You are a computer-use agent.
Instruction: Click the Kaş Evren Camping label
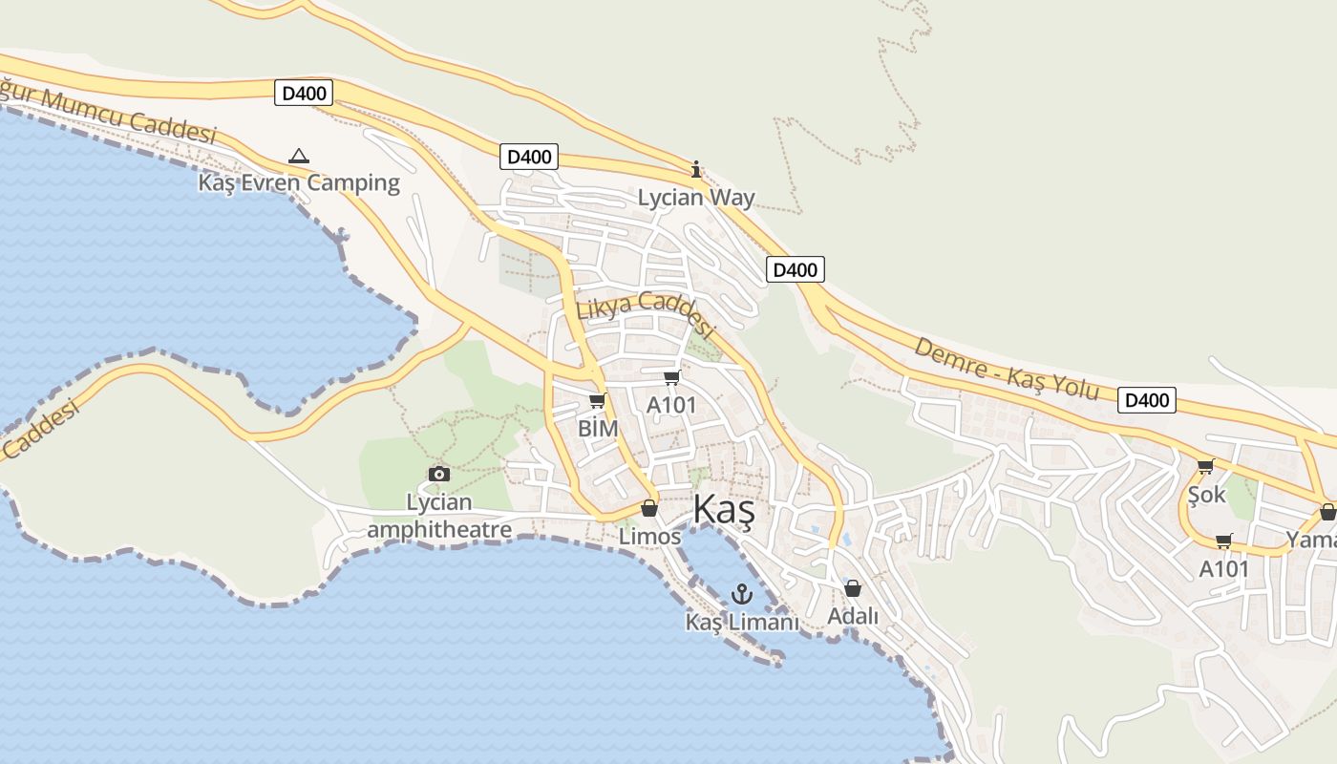pos(299,182)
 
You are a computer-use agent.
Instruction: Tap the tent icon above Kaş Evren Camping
pos(299,156)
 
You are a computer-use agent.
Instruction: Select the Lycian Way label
pos(696,198)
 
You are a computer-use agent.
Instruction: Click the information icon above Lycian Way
pos(696,170)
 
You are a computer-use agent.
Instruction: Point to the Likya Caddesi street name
pos(646,314)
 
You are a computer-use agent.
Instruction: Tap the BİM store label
pos(598,428)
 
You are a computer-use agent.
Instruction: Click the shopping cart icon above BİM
pos(598,401)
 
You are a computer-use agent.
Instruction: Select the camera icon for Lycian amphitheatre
pos(439,474)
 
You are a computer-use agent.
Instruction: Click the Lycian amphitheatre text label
pos(439,516)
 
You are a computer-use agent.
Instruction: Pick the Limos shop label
pos(649,537)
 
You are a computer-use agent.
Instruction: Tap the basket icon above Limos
pos(649,508)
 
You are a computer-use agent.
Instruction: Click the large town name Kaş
pos(724,511)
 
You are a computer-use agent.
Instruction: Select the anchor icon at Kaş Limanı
pos(741,594)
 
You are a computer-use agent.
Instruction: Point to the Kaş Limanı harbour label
pos(741,622)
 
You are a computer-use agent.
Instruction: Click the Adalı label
pos(853,616)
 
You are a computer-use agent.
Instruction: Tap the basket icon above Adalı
pos(853,588)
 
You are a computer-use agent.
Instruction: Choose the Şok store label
pos(1206,496)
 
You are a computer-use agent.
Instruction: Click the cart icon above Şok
pos(1206,467)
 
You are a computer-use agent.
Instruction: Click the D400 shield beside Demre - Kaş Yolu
pos(1146,400)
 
